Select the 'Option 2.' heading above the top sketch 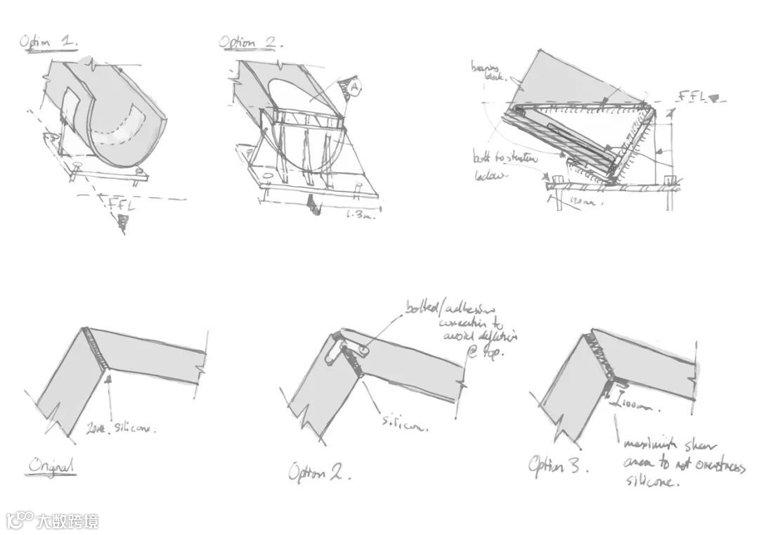(250, 43)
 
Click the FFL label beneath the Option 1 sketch (121, 205)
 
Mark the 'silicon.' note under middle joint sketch (404, 423)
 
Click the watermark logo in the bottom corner (52, 521)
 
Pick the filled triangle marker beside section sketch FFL (714, 100)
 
